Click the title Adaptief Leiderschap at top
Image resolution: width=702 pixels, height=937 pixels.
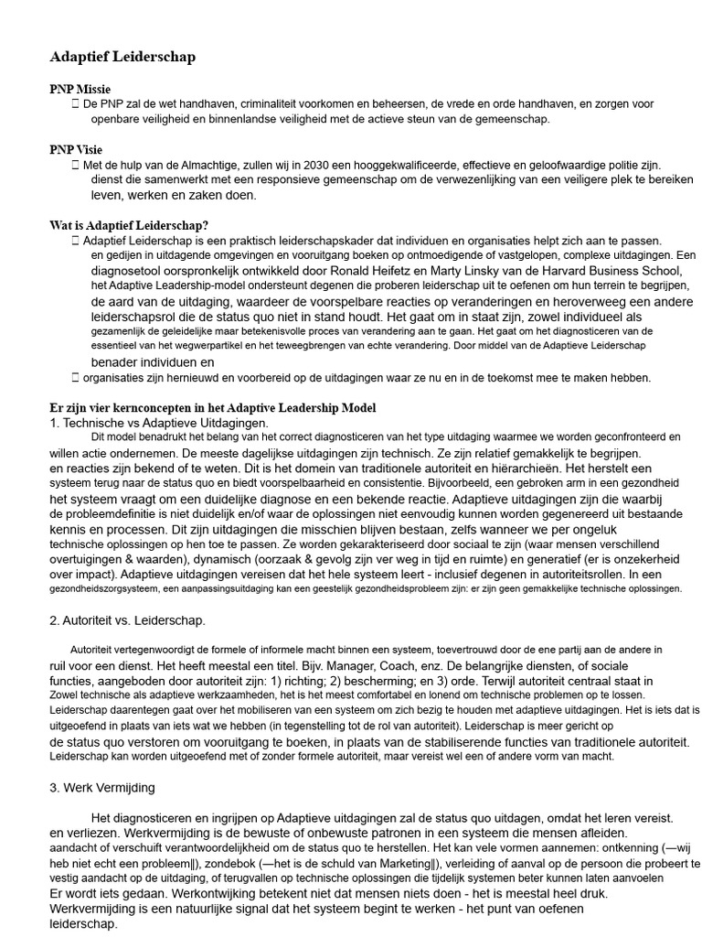click(122, 57)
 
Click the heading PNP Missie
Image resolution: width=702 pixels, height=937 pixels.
click(80, 89)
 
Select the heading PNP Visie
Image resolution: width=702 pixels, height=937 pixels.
click(76, 149)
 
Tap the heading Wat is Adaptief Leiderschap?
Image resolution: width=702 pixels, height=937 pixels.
click(129, 225)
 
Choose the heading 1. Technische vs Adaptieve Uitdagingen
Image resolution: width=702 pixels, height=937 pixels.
click(159, 423)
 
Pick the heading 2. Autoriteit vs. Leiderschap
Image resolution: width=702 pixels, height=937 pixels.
click(127, 620)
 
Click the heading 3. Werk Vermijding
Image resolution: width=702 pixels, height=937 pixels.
click(102, 787)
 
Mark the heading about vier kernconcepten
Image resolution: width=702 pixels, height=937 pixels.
click(212, 407)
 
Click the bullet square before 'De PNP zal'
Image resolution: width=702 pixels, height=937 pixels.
click(75, 104)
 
